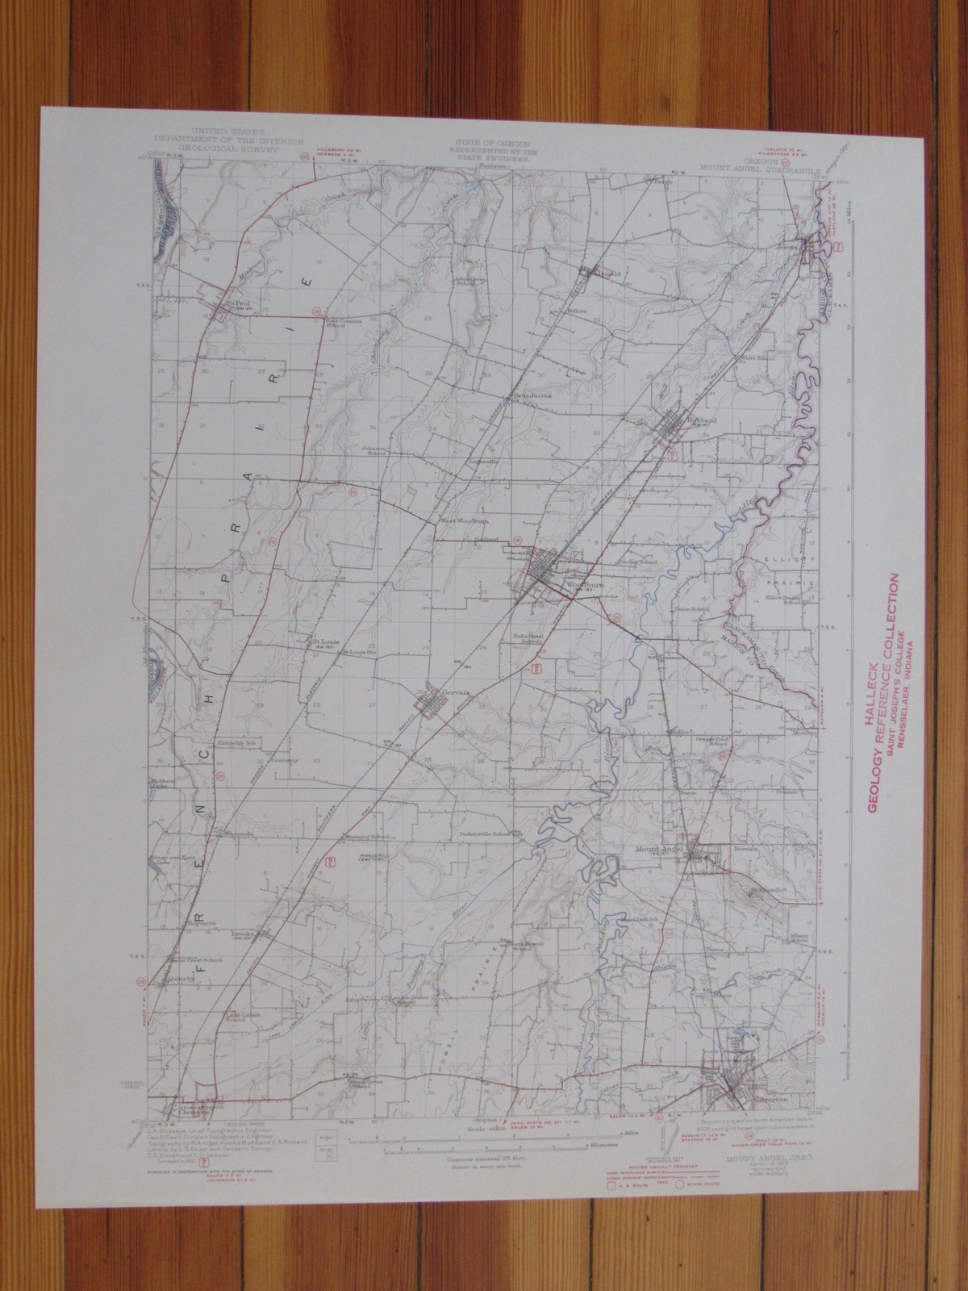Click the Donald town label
point(609,274)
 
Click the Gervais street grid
point(440,697)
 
